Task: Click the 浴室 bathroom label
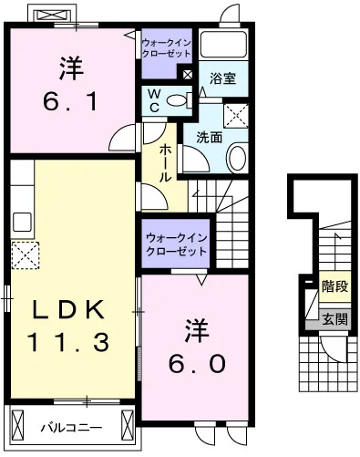click(x=222, y=78)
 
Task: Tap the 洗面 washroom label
click(x=209, y=138)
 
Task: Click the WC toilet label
click(x=154, y=100)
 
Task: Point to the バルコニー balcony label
click(x=71, y=426)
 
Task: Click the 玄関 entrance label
click(x=334, y=319)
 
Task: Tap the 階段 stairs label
click(x=334, y=286)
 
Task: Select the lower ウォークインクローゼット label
click(x=176, y=244)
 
